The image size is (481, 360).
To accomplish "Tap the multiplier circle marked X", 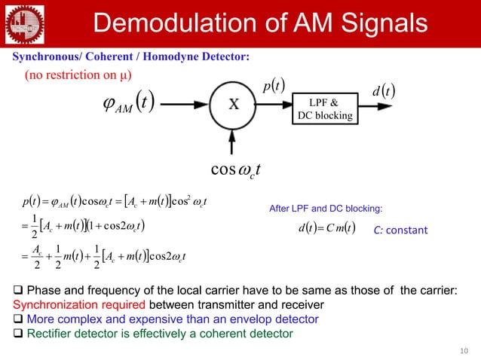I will pos(234,105).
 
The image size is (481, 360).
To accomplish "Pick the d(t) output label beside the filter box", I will pos(385,93).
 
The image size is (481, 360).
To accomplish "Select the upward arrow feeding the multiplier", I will pos(234,142).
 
